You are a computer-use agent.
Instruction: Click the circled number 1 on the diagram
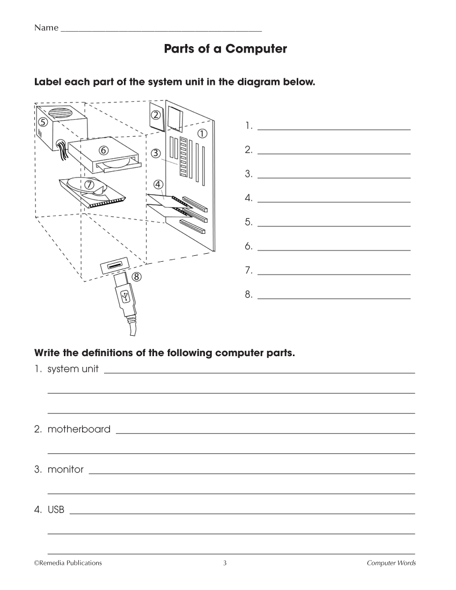pyautogui.click(x=202, y=134)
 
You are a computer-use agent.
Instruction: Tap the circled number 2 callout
pyautogui.click(x=156, y=114)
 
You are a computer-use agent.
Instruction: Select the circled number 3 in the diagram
pyautogui.click(x=156, y=153)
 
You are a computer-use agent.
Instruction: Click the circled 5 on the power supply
pyautogui.click(x=43, y=121)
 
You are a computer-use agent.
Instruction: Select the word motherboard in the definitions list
pyautogui.click(x=79, y=429)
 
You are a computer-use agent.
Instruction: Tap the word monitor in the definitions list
pyautogui.click(x=66, y=469)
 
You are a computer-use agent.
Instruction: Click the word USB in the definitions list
pyautogui.click(x=56, y=510)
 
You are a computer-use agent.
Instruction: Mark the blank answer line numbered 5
pyautogui.click(x=334, y=226)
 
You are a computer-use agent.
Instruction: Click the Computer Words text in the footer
pyautogui.click(x=391, y=563)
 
